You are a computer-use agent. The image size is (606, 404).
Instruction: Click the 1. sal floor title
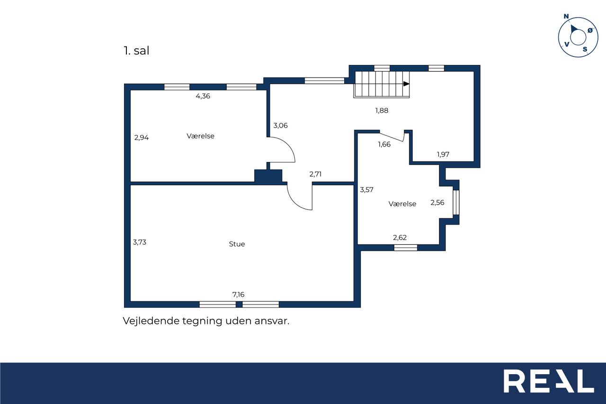pyautogui.click(x=136, y=51)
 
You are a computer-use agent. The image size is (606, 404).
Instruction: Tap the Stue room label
pyautogui.click(x=237, y=244)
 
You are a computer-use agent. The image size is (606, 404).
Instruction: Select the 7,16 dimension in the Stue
pyautogui.click(x=238, y=295)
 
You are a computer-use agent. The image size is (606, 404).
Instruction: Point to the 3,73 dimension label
pyautogui.click(x=140, y=242)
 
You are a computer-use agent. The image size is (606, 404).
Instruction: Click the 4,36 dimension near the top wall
pyautogui.click(x=203, y=96)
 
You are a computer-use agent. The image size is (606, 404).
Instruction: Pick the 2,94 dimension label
pyautogui.click(x=142, y=138)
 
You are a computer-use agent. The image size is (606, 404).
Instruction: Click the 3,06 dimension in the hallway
pyautogui.click(x=281, y=126)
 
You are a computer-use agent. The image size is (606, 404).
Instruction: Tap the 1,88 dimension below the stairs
pyautogui.click(x=382, y=110)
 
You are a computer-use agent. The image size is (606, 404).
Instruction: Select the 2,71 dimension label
pyautogui.click(x=315, y=174)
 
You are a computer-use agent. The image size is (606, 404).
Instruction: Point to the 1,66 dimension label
pyautogui.click(x=384, y=144)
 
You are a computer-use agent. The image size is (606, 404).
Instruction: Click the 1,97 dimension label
pyautogui.click(x=443, y=154)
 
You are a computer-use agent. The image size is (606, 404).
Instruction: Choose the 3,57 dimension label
pyautogui.click(x=366, y=190)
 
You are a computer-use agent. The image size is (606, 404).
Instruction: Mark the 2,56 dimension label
pyautogui.click(x=437, y=202)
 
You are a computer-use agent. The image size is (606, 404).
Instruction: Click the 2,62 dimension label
pyautogui.click(x=400, y=238)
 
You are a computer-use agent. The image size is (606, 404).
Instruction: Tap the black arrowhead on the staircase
pyautogui.click(x=406, y=84)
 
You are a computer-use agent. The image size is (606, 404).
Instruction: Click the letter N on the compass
pyautogui.click(x=566, y=17)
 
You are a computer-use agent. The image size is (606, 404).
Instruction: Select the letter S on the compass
pyautogui.click(x=585, y=49)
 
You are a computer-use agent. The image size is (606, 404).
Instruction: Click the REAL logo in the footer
pyautogui.click(x=549, y=381)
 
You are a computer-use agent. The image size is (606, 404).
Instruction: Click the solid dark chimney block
pyautogui.click(x=268, y=176)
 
